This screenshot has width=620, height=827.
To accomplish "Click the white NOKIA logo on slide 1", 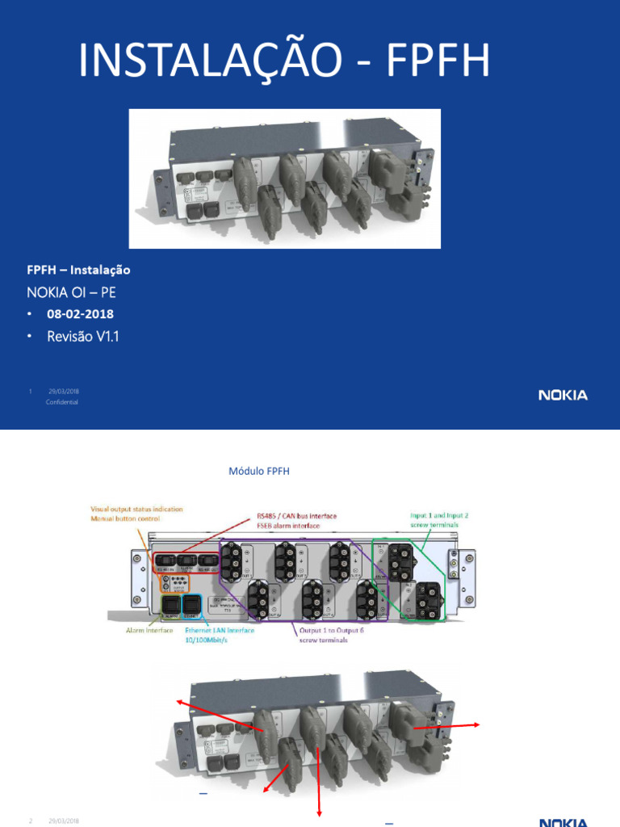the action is (563, 395).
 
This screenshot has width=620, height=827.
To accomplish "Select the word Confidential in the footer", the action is (63, 402).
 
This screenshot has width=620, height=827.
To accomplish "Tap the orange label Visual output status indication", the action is (136, 509).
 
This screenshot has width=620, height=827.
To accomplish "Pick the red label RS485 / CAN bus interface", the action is (296, 515).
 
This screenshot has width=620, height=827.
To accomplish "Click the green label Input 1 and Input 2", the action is (439, 514).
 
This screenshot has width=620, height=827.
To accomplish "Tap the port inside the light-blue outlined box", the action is (191, 606).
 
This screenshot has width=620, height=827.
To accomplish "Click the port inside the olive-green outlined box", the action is (171, 606).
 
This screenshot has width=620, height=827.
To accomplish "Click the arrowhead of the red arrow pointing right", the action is (479, 724).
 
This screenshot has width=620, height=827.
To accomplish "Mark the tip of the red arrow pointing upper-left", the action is (179, 703).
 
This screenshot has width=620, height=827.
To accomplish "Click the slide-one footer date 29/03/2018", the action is (63, 391).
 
